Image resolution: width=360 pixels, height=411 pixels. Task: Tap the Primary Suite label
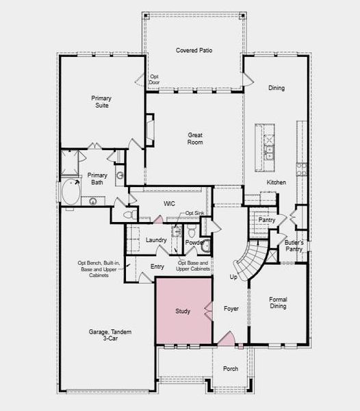(101, 102)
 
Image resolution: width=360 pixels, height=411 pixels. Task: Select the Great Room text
(196, 139)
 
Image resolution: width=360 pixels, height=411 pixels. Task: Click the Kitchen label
(276, 182)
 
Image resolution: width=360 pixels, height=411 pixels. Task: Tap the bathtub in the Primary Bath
(70, 192)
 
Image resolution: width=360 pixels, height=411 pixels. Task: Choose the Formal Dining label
(277, 302)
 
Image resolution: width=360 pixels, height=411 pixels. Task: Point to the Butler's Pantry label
(295, 247)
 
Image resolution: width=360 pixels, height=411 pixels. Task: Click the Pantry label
(267, 220)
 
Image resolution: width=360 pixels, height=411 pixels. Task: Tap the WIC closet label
(170, 204)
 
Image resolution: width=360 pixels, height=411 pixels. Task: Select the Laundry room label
(156, 240)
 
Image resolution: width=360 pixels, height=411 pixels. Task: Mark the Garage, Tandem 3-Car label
(110, 336)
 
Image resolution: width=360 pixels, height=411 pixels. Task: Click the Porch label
(231, 369)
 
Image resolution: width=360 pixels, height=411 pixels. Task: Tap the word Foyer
(231, 309)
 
